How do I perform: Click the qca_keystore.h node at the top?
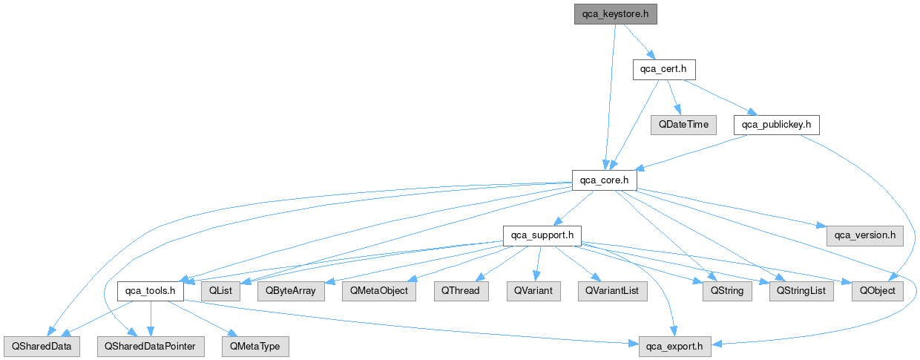(x=616, y=14)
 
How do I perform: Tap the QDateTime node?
(x=683, y=125)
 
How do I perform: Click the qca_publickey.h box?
(x=777, y=125)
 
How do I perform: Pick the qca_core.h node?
(x=605, y=180)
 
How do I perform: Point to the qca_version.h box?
(x=864, y=235)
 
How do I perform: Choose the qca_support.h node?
(x=542, y=235)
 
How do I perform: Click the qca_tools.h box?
(x=150, y=291)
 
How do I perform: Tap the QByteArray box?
(x=291, y=291)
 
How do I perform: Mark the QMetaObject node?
(x=378, y=291)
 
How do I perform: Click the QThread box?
(x=461, y=291)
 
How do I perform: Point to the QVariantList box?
(x=613, y=291)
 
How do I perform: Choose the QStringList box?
(x=801, y=291)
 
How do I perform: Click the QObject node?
(x=878, y=291)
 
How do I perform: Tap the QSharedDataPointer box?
(x=150, y=347)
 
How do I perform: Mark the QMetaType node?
(x=255, y=347)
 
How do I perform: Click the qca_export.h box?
(x=675, y=347)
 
